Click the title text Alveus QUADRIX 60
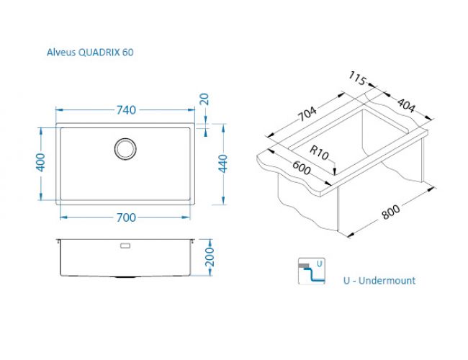click(90, 53)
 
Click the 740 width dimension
click(126, 110)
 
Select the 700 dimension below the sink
click(126, 217)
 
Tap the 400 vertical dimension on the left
click(40, 163)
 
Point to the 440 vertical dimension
click(223, 163)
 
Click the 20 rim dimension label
click(204, 99)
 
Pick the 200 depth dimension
click(210, 257)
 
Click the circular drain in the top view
click(125, 148)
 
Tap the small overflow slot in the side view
click(125, 246)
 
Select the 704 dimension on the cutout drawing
click(308, 114)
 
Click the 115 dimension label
click(357, 78)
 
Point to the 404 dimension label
click(406, 105)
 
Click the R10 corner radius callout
click(319, 153)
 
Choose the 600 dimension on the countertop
click(302, 168)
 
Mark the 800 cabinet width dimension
click(391, 212)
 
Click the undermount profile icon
click(312, 271)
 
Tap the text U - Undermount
click(379, 281)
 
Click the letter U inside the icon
click(320, 264)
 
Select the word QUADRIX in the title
click(99, 53)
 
